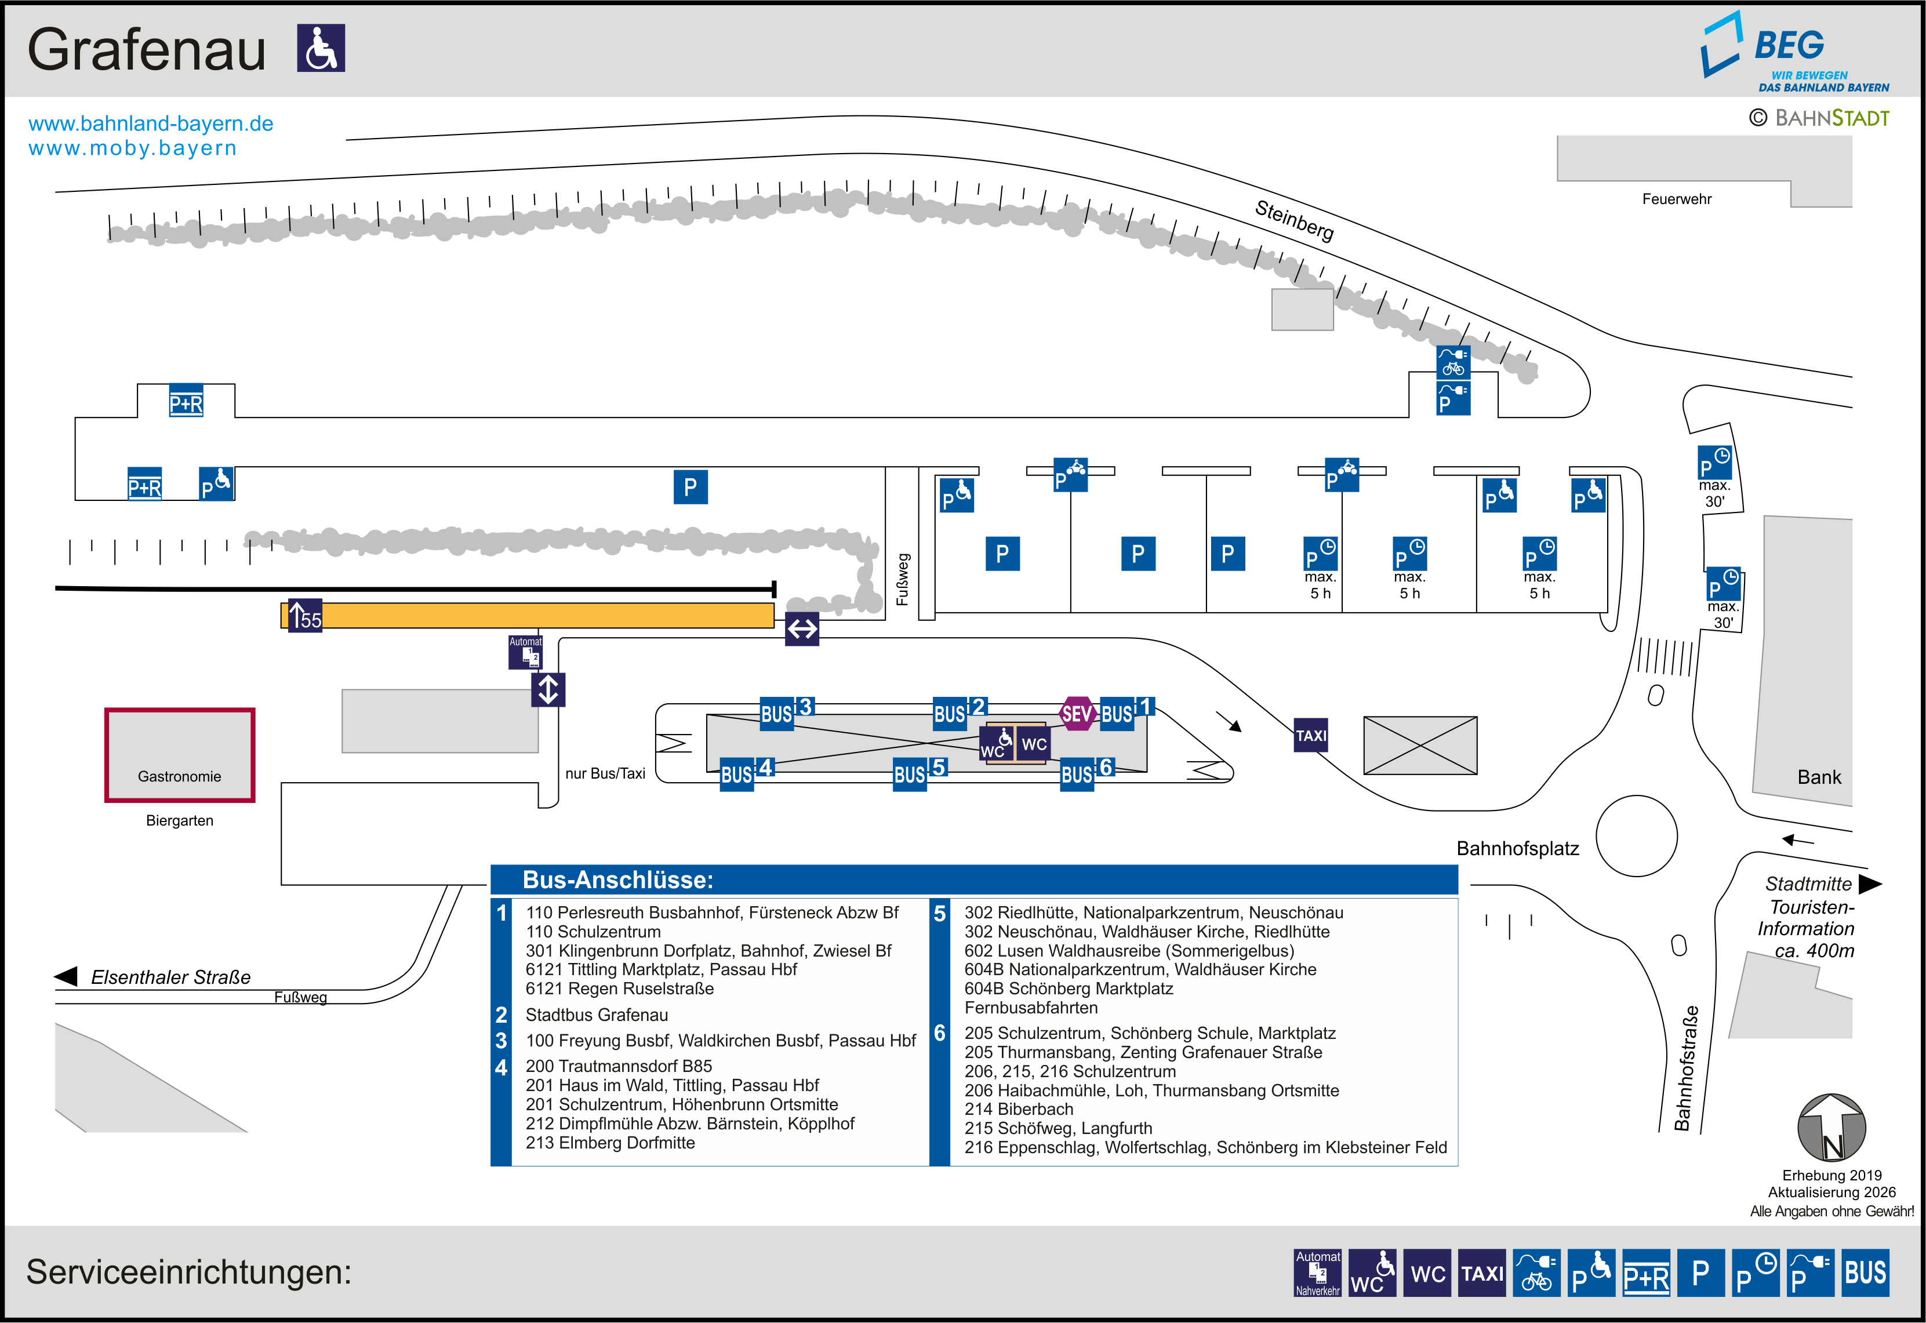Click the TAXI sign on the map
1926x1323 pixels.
1310,735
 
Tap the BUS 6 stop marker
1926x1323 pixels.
1086,773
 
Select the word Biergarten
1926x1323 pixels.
179,821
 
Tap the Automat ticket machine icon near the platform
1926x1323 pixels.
525,652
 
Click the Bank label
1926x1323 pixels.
1818,777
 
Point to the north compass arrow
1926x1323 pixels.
1831,1128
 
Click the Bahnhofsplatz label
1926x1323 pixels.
1517,849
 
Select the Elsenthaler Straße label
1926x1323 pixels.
170,977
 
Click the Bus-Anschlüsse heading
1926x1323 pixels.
617,879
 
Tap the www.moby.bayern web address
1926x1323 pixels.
133,148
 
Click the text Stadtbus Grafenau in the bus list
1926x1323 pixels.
596,1015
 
